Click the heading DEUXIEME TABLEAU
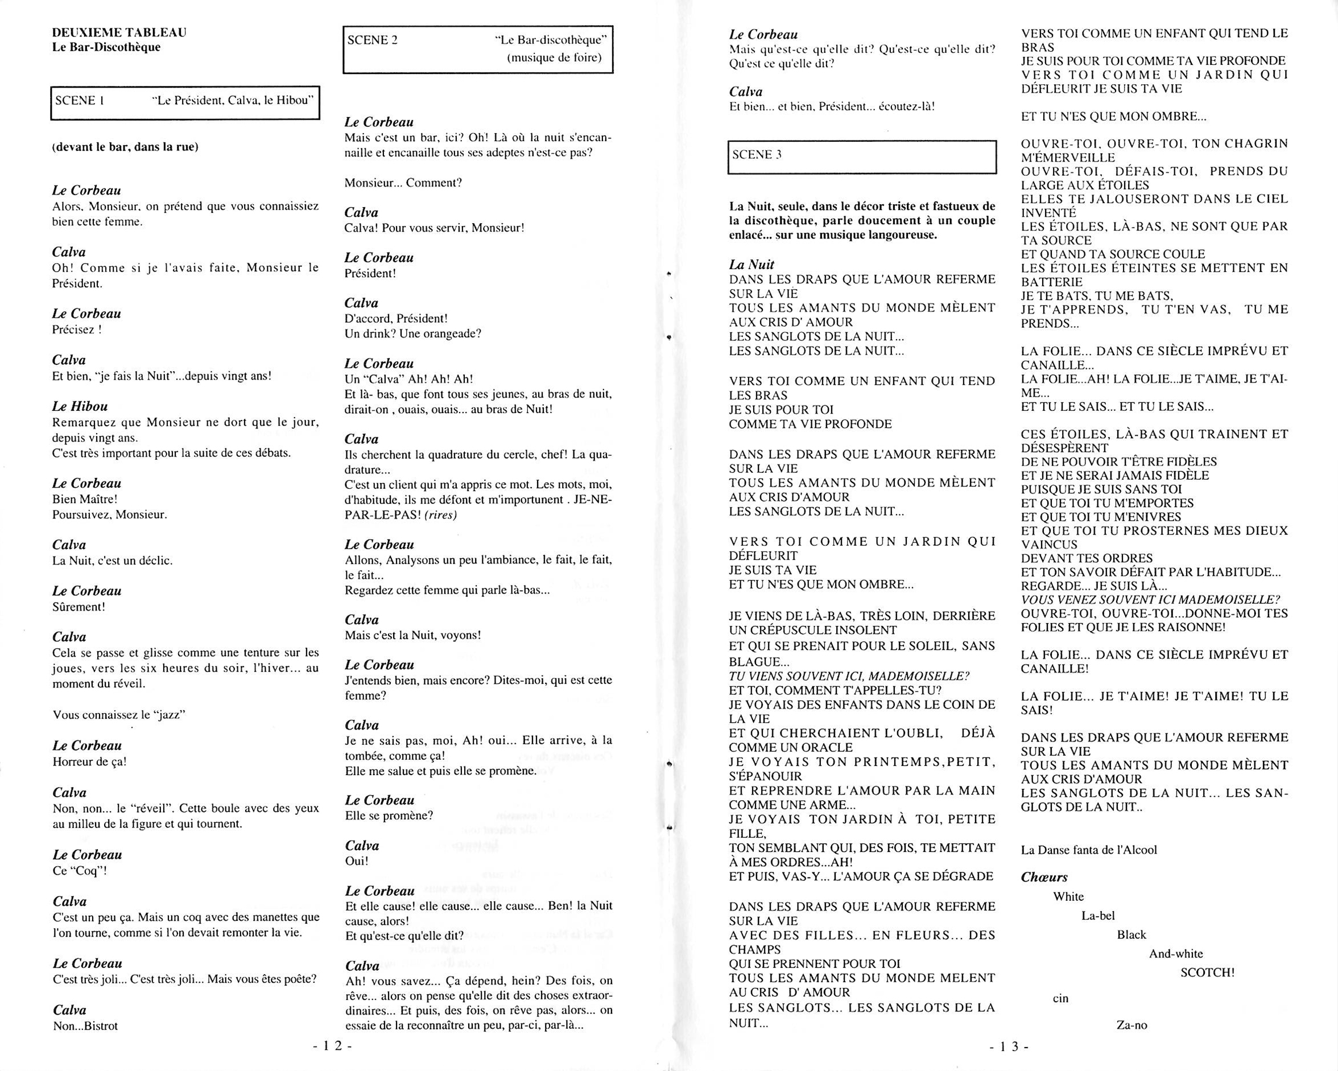(119, 32)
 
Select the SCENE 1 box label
(80, 101)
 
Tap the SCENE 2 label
(373, 40)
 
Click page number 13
(1009, 1046)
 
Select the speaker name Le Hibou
(80, 407)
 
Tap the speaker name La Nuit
(751, 265)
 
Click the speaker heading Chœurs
(1044, 878)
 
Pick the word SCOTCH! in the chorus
(1207, 973)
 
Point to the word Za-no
(1132, 1025)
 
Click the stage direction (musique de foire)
(554, 57)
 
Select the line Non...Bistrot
(86, 1025)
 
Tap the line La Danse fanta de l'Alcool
(1088, 850)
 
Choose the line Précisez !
(77, 329)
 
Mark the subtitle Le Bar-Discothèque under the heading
(106, 47)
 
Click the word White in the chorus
(1069, 896)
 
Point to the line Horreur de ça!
(90, 762)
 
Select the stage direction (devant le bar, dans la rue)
(125, 147)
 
